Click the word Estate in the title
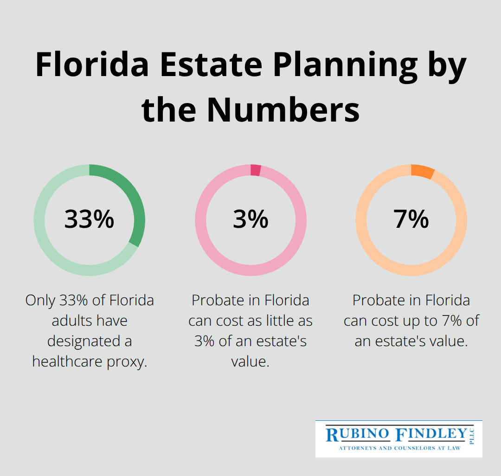(x=212, y=65)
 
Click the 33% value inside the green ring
(x=89, y=219)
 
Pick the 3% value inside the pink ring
(x=250, y=219)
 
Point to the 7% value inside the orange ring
(x=411, y=219)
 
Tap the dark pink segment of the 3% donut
(x=256, y=170)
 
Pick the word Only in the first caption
(x=40, y=300)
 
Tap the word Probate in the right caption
(x=379, y=300)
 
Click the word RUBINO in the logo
(x=358, y=435)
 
